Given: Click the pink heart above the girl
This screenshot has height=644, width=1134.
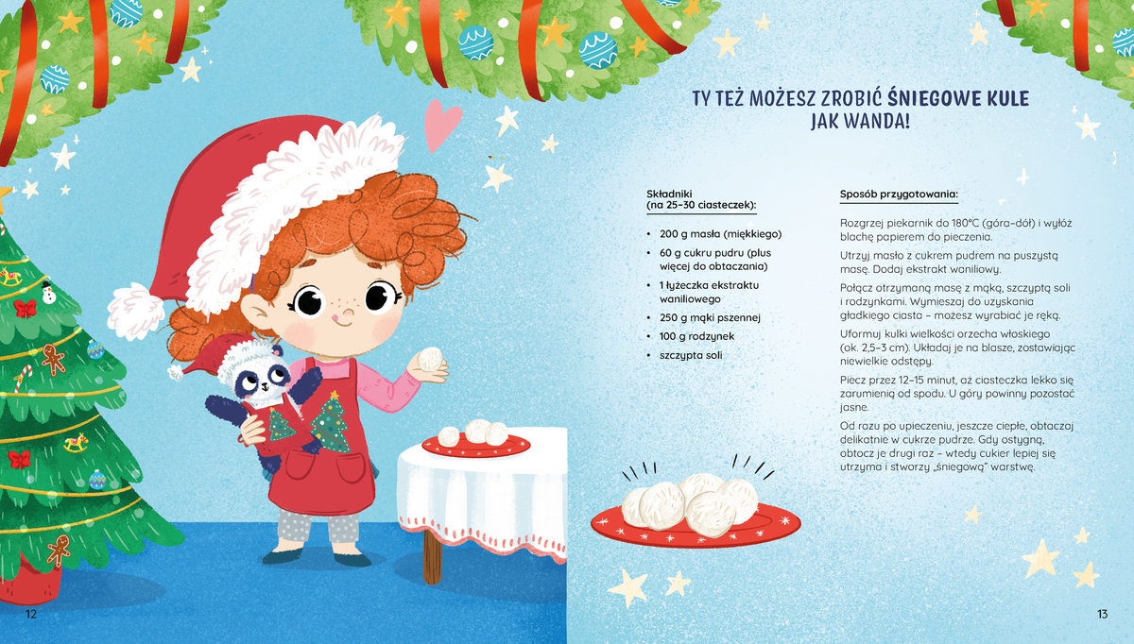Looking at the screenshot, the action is tap(442, 124).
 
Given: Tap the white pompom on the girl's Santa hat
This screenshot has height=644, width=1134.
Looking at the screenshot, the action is tap(135, 310).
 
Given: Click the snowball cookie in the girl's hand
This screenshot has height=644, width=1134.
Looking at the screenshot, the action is tap(429, 359).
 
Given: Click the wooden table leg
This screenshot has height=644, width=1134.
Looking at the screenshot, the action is tap(432, 556).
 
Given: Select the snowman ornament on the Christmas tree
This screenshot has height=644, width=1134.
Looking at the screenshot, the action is tap(48, 293).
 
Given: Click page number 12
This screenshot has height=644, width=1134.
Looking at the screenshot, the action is tap(31, 614).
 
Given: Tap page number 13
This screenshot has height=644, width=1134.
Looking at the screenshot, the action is tap(1102, 614).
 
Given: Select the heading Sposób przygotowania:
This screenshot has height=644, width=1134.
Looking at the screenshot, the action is tap(899, 194).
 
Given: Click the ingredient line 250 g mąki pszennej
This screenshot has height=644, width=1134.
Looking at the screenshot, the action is tap(710, 317).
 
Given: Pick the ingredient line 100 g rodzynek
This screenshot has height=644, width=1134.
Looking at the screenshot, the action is tap(696, 336).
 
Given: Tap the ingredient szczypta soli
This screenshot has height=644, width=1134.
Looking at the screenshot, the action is tap(691, 355).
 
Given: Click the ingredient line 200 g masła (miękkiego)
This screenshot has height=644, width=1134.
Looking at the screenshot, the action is tap(720, 234).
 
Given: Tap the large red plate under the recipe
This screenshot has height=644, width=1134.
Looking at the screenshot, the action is tap(696, 526).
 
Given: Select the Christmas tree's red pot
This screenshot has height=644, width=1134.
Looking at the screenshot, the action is tap(30, 582).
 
